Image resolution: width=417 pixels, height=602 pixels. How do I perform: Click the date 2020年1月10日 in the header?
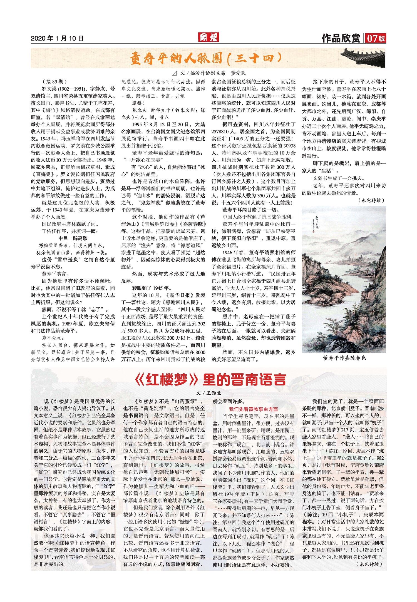[57, 38]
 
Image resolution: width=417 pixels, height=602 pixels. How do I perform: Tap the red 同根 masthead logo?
[209, 37]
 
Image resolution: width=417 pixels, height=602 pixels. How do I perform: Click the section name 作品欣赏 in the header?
[341, 38]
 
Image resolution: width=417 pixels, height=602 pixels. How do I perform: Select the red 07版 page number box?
[376, 38]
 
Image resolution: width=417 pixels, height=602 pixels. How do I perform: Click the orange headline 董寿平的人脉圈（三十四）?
[206, 59]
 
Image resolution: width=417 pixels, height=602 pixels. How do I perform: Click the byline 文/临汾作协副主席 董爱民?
[209, 73]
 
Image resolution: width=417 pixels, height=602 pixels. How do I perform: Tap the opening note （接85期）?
[54, 82]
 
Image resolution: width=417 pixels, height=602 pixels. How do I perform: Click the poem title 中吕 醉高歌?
[73, 238]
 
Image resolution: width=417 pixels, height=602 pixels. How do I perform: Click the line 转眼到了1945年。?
[152, 288]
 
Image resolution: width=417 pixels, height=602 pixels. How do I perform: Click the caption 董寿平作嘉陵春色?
[344, 358]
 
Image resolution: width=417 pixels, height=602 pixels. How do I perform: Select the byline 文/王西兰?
[209, 393]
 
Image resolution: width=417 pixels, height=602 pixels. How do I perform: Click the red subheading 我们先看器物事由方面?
[253, 409]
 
